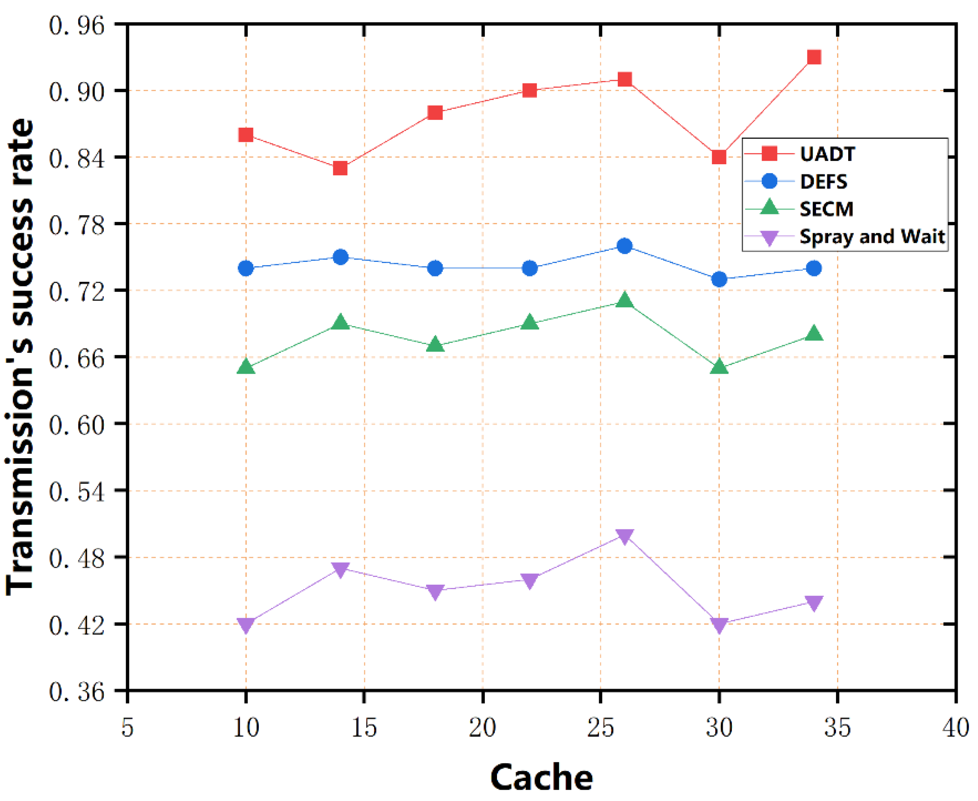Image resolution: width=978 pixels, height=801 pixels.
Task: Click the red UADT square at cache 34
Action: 814,57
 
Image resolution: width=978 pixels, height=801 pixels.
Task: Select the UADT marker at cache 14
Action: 340,168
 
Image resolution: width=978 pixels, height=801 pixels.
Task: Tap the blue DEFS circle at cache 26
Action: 624,246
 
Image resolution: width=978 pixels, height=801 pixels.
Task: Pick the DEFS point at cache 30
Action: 719,279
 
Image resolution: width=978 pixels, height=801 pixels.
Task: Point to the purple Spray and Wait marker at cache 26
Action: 624,536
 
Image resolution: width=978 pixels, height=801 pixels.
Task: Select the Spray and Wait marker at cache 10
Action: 246,625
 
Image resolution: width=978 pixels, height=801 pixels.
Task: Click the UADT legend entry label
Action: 827,154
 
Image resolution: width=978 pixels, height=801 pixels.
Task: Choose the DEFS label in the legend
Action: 823,182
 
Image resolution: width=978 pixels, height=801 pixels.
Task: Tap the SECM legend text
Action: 826,209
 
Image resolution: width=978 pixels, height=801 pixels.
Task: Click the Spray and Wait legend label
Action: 872,237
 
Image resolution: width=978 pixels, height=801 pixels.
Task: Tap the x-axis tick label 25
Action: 600,728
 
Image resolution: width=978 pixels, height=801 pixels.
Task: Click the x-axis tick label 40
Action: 955,728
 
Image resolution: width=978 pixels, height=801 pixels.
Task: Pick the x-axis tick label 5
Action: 127,728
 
